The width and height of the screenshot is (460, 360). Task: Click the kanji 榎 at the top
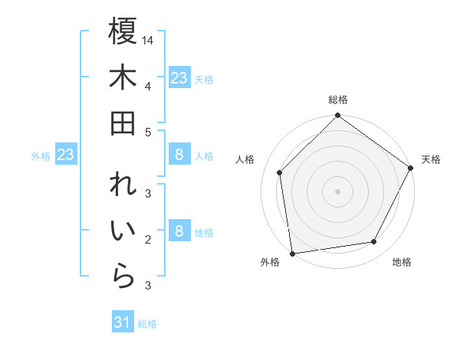pos(123,32)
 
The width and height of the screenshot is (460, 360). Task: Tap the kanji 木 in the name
pos(123,77)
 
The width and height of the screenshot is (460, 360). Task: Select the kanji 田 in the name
pos(123,123)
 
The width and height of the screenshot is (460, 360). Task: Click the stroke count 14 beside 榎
pos(148,39)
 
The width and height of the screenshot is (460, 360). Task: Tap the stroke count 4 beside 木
pos(147,85)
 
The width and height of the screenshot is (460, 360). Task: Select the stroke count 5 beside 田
pos(147,131)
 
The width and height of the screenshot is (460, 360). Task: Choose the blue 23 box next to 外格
pos(66,155)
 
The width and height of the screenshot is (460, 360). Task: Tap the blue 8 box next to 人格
pos(179,155)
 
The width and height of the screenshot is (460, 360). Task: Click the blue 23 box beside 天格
pos(179,78)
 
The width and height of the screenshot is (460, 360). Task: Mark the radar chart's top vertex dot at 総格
pos(337,116)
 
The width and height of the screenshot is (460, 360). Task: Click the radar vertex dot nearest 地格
pos(374,242)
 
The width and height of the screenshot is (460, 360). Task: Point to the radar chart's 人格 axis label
pos(245,159)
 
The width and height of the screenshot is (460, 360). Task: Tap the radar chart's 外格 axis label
pos(270,262)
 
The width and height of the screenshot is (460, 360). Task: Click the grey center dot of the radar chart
pos(337,191)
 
